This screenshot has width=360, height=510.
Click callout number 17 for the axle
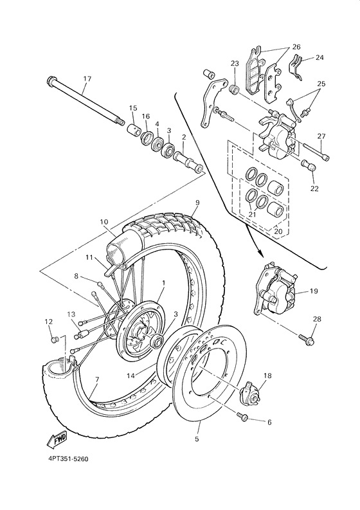click(87, 79)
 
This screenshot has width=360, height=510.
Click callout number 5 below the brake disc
click(197, 439)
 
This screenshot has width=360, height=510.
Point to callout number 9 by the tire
click(197, 203)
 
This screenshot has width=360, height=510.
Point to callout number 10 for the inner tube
click(104, 222)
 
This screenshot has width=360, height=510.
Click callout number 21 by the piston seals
click(252, 214)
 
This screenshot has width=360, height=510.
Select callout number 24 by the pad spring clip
click(320, 58)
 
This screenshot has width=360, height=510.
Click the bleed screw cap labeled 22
click(311, 168)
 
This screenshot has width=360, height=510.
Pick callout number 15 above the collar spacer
click(133, 108)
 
